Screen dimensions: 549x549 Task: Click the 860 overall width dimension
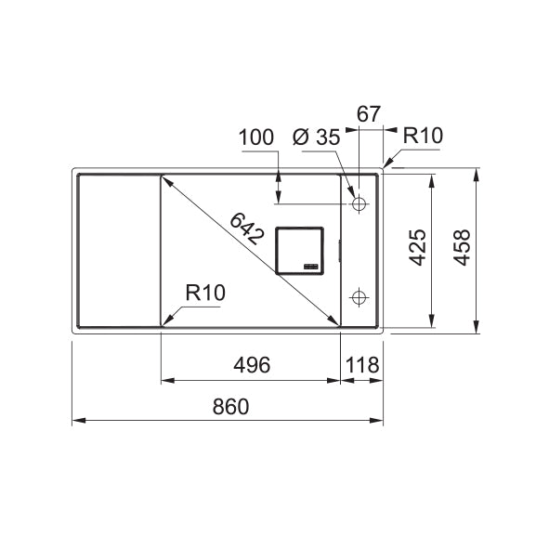(x=230, y=406)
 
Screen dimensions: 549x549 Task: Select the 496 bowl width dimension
(x=252, y=365)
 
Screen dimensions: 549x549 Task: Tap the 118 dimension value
(x=362, y=365)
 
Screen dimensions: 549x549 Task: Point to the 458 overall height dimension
(x=463, y=247)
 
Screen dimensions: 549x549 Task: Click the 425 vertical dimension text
(x=418, y=247)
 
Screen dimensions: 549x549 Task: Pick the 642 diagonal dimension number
(x=246, y=229)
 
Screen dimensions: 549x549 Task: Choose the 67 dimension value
(x=369, y=114)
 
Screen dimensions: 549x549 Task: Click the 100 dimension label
(x=256, y=137)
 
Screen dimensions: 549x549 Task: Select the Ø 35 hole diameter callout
(x=317, y=137)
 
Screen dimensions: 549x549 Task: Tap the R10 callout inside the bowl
(x=205, y=293)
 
